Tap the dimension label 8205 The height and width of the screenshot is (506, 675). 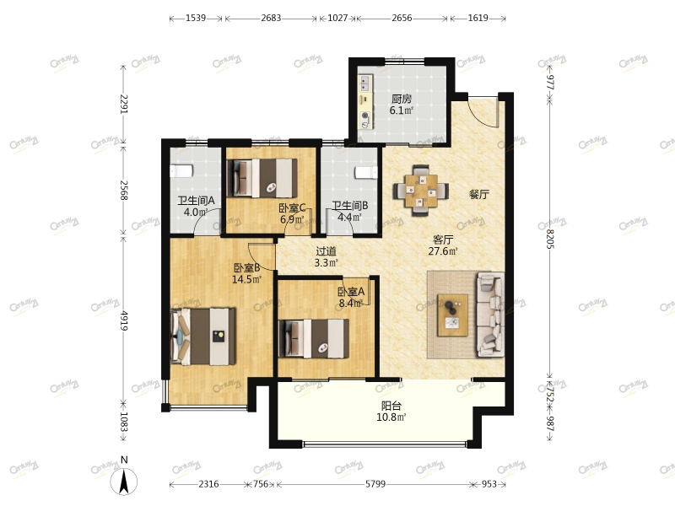tap(550, 239)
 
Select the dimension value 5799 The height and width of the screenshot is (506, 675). tap(375, 484)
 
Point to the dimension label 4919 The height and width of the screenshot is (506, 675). tap(123, 320)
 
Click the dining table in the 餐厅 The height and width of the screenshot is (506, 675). tap(420, 190)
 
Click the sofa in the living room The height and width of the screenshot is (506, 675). tap(490, 315)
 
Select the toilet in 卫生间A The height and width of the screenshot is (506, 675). tap(181, 171)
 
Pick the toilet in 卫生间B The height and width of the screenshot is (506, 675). tap(366, 173)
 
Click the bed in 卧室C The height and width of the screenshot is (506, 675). tap(262, 178)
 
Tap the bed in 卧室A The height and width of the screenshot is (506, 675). tap(314, 339)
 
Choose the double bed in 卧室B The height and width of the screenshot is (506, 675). tap(203, 336)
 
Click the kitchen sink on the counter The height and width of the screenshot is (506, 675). tap(364, 83)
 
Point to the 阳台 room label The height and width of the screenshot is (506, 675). tap(391, 406)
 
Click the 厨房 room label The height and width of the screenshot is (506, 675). tap(402, 99)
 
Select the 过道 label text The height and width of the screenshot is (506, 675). tap(326, 251)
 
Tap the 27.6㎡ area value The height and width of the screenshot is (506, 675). tap(442, 250)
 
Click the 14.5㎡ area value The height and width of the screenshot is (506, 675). tap(246, 279)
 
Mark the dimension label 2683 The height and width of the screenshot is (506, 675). tap(271, 18)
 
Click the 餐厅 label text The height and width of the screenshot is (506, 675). tap(478, 195)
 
